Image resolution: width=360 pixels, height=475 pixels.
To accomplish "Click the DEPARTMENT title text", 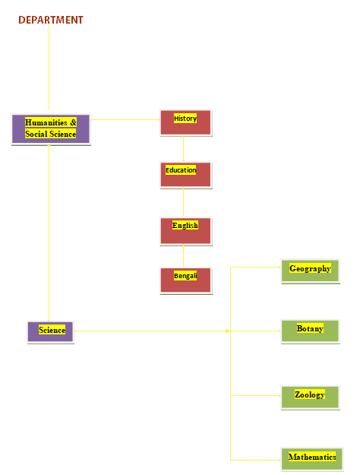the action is pyautogui.click(x=51, y=20).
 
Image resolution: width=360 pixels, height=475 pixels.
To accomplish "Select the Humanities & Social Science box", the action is pyautogui.click(x=51, y=129).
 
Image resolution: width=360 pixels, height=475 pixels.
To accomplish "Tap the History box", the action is pyautogui.click(x=185, y=122).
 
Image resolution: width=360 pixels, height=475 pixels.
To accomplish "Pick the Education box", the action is pyautogui.click(x=185, y=175).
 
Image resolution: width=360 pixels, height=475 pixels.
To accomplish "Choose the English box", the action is pyautogui.click(x=185, y=231).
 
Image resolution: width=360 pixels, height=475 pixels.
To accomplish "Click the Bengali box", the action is pyautogui.click(x=185, y=280).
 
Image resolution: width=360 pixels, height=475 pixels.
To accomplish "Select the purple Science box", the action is pyautogui.click(x=51, y=332).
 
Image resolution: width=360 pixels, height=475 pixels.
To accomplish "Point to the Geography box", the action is pyautogui.click(x=310, y=271).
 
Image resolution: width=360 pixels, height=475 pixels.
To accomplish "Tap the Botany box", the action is pyautogui.click(x=310, y=331).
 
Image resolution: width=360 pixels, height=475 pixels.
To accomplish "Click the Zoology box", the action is pyautogui.click(x=310, y=397).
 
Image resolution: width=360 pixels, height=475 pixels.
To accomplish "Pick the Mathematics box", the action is pyautogui.click(x=312, y=459).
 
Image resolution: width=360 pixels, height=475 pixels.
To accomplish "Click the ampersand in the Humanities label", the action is pyautogui.click(x=73, y=122).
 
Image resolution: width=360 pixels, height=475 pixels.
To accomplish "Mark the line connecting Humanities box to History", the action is pyautogui.click(x=125, y=119).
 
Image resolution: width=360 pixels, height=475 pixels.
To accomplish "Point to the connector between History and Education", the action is pyautogui.click(x=183, y=149).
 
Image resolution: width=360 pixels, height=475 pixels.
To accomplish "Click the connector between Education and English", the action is pyautogui.click(x=183, y=203).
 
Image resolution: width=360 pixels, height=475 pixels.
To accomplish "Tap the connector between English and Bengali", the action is pyautogui.click(x=183, y=256).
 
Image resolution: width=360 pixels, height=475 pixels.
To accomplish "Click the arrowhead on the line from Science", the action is pyautogui.click(x=228, y=331).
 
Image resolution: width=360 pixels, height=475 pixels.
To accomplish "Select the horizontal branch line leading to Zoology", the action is pyautogui.click(x=255, y=396).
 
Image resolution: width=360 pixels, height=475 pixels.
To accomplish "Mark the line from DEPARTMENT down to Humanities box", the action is pyautogui.click(x=49, y=67).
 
